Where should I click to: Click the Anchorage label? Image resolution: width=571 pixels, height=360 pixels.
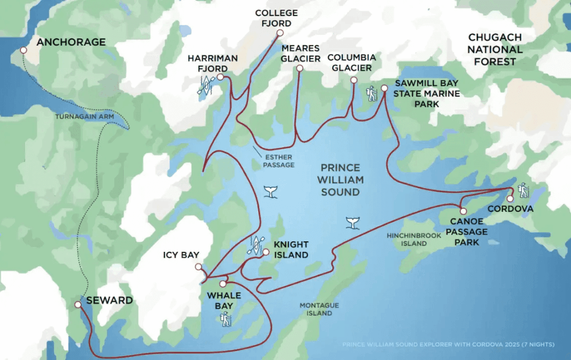(x=70, y=42)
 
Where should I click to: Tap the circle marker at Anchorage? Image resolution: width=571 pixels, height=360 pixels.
(x=23, y=50)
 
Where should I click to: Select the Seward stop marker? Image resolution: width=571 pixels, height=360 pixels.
(x=78, y=305)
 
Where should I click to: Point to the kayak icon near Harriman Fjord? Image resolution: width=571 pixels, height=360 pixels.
(x=205, y=85)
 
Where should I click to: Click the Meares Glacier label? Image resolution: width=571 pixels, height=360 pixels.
(x=301, y=53)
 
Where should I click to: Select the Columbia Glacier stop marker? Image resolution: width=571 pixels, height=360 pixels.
(x=354, y=80)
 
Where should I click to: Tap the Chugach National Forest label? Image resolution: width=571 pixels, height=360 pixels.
(x=495, y=49)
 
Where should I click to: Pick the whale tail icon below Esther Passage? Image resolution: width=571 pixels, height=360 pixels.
(x=270, y=192)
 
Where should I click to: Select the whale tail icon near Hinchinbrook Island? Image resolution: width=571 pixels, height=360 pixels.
(x=352, y=222)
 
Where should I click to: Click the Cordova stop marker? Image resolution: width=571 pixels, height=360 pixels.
(x=510, y=199)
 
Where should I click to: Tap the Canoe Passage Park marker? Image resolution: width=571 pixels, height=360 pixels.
(x=463, y=211)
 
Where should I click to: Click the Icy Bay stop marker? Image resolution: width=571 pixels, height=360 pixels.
(x=199, y=267)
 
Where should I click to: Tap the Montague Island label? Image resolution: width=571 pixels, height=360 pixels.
(x=316, y=309)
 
